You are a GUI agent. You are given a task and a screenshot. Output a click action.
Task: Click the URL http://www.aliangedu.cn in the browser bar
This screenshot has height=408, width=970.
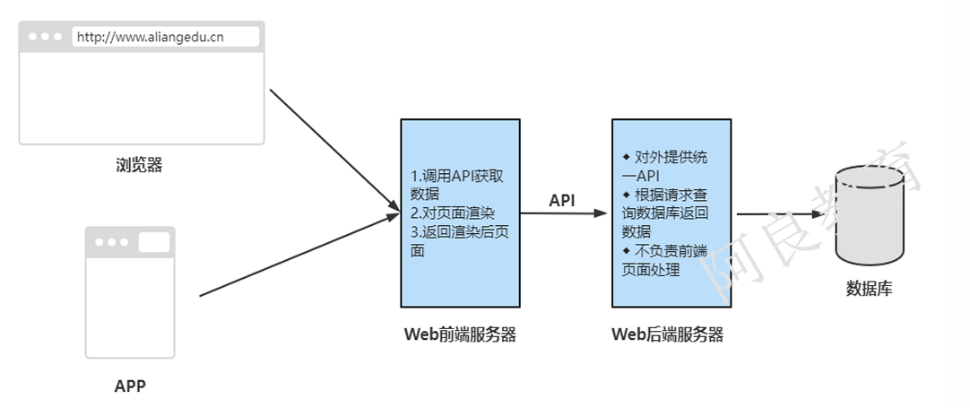[x=150, y=37]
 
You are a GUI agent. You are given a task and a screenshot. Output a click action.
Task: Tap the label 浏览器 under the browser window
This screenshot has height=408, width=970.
[x=139, y=165]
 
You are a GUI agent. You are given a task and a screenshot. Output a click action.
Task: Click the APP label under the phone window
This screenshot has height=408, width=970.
[x=130, y=386]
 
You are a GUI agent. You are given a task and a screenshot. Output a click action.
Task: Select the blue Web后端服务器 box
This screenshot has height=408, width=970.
[x=671, y=287]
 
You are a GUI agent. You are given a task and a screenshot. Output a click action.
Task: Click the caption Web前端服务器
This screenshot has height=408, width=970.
[x=460, y=335]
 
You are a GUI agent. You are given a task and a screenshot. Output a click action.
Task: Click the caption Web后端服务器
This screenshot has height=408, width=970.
[x=667, y=335]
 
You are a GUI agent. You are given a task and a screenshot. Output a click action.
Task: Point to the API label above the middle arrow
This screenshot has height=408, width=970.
[x=562, y=200]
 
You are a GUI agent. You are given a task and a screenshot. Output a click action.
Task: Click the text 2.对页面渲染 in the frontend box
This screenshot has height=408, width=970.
[x=453, y=213]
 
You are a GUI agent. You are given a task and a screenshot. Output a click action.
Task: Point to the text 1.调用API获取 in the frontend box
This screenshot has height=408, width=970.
[x=457, y=177]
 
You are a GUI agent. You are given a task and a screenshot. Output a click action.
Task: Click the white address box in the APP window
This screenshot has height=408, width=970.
[x=153, y=242]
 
